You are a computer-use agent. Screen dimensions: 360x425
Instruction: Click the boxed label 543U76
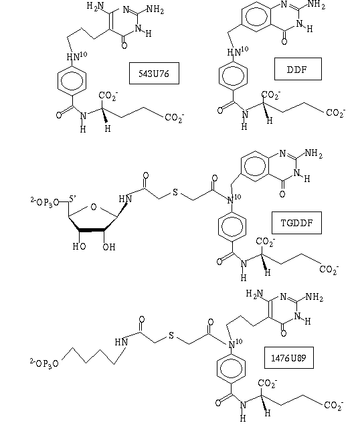pos(154,74)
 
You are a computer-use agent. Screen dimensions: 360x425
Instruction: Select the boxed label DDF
pos(298,69)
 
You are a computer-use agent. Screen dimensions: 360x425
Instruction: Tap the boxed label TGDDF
pos(296,223)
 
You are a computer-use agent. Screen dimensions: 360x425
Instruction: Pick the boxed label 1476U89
pos(288,358)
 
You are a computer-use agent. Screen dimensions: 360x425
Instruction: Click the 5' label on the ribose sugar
pos(72,199)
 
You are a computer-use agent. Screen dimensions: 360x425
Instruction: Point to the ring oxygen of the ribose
pos(94,207)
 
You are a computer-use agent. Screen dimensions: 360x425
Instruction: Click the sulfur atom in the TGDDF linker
pos(175,192)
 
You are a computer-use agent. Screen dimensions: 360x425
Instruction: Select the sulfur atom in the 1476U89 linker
pos(171,335)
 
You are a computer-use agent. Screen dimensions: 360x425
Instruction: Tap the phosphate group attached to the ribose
pos(44,202)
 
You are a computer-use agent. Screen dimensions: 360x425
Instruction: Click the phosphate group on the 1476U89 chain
pos(44,363)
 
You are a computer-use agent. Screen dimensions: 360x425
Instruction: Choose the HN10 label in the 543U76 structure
pos(77,56)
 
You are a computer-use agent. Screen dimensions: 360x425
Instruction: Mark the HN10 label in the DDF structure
pos(238,52)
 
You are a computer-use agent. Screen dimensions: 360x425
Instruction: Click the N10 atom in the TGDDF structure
pos(234,199)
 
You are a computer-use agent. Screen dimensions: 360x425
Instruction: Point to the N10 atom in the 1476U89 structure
pos(235,343)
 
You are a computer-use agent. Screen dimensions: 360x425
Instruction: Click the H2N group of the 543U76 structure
pos(95,7)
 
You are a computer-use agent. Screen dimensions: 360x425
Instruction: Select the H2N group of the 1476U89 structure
pos(254,294)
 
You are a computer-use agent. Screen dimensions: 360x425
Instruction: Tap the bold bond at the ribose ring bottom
pos(92,230)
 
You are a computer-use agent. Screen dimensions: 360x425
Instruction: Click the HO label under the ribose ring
pos(79,246)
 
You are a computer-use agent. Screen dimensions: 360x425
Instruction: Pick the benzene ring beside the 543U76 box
pos(72,80)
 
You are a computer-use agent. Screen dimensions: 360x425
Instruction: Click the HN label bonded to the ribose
pos(125,199)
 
